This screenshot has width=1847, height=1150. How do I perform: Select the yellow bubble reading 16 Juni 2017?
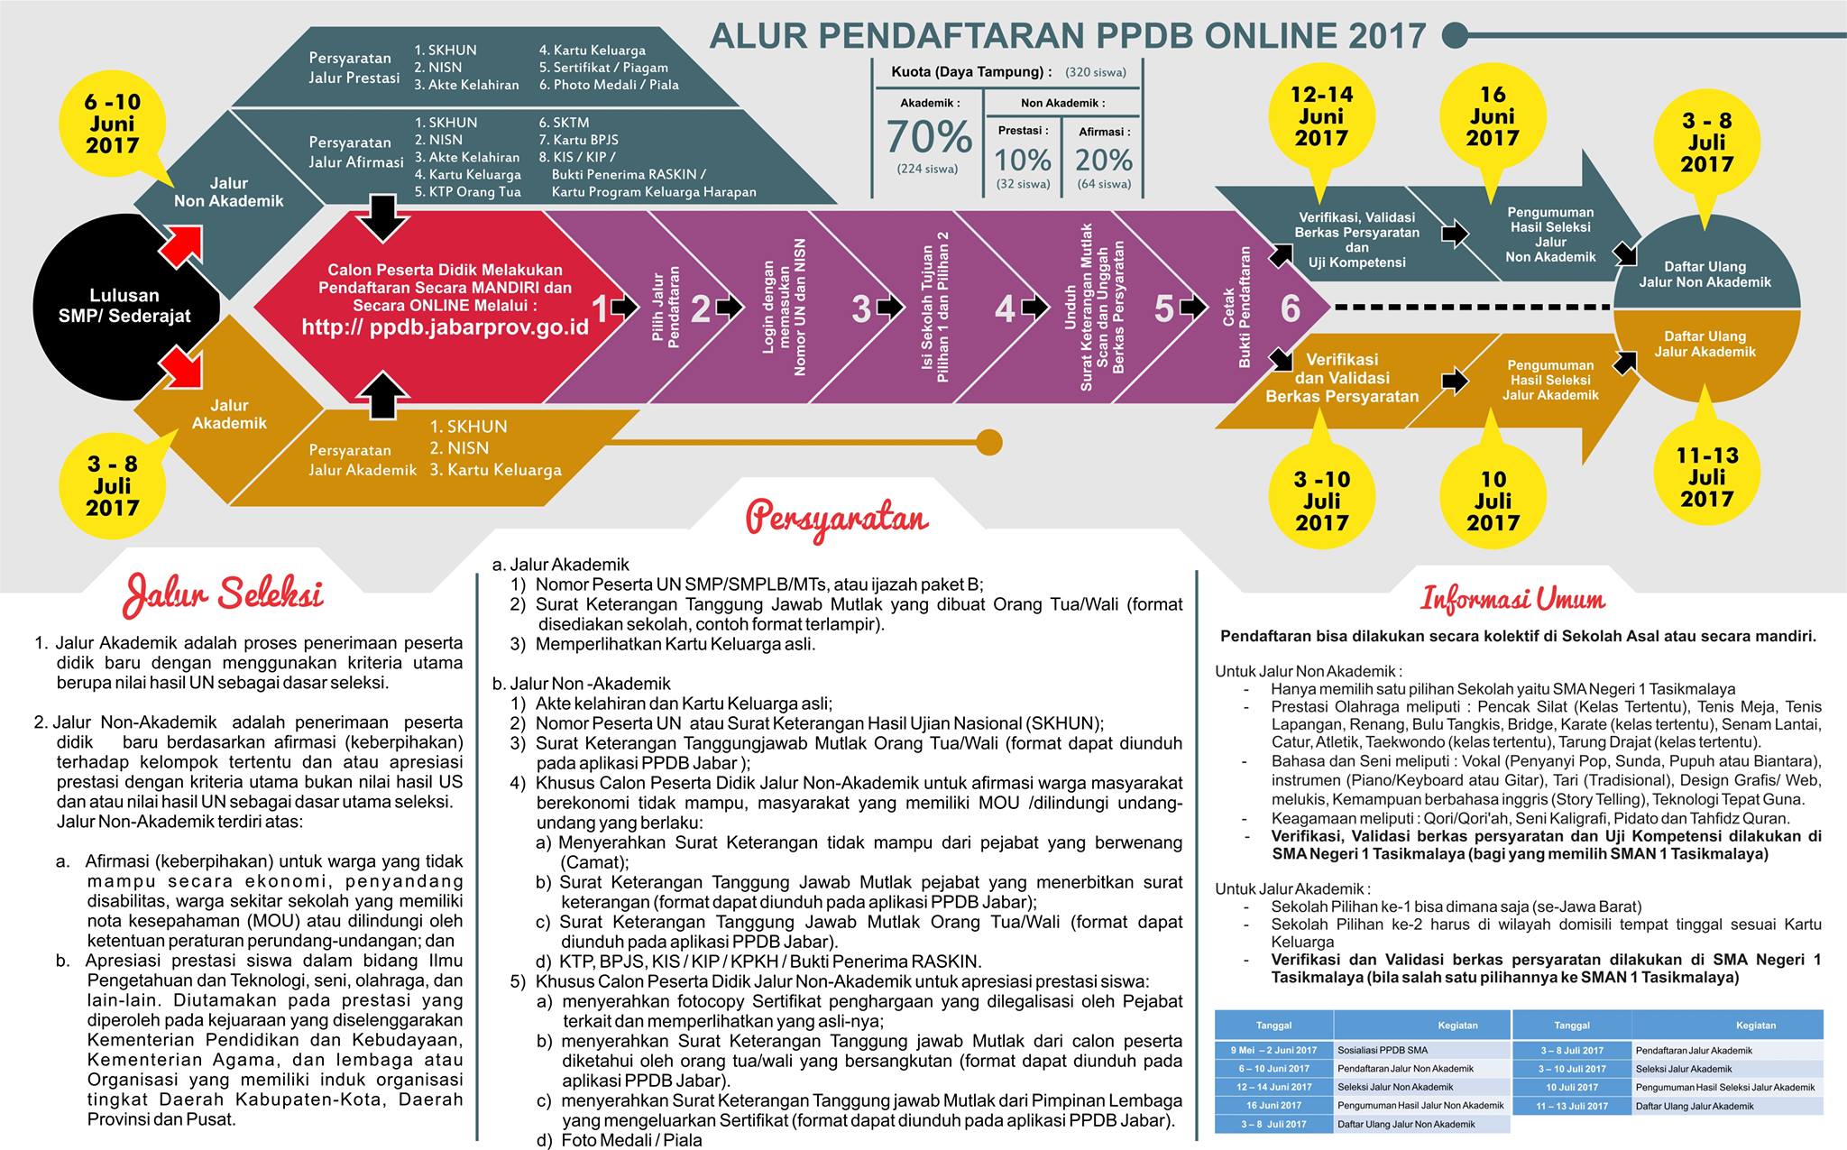pos(1493,117)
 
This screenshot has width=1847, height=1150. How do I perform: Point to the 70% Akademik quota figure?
pos(929,137)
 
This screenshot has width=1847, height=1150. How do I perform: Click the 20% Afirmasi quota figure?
pos(1104,160)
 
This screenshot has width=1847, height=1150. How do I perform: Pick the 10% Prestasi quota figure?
pos(1023,160)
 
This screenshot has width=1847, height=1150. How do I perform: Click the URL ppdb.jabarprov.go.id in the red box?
pos(446,327)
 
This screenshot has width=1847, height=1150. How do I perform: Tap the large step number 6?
pos(1291,308)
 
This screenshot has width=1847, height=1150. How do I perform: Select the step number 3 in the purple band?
pos(861,308)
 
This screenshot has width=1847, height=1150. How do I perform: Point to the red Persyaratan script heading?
pos(837,519)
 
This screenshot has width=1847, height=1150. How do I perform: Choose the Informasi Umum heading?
pos(1513,599)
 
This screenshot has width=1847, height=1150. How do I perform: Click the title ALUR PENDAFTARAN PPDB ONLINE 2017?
pos(1069,36)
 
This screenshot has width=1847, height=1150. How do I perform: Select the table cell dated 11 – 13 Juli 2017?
pos(1572,1106)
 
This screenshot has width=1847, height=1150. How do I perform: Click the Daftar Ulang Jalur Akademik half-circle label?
pos(1705,344)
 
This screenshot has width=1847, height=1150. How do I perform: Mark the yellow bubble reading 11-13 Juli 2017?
pos(1707,476)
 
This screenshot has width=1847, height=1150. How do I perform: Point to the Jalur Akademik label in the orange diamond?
pos(230,414)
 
